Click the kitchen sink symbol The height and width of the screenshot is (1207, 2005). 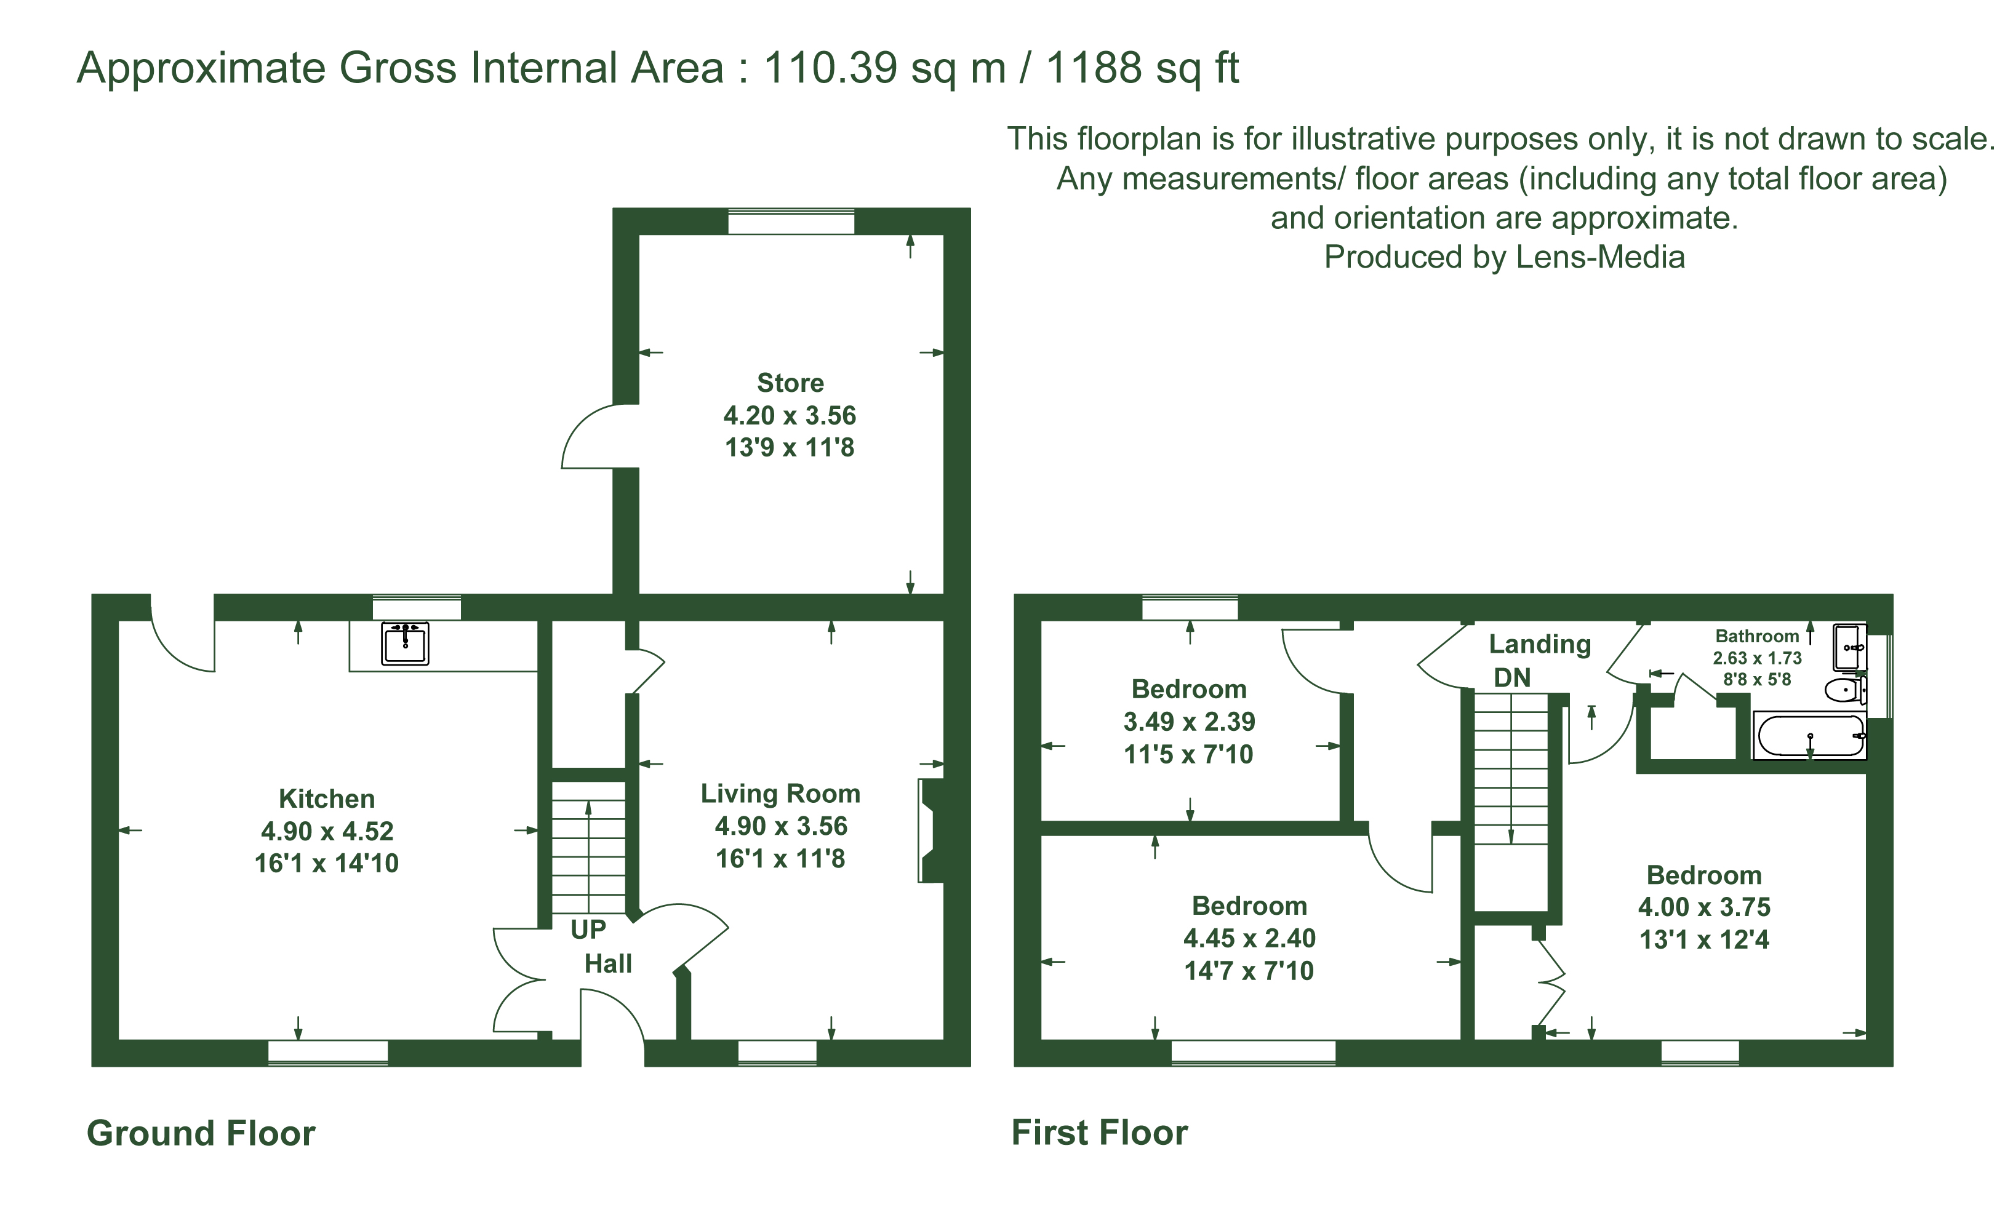coord(405,643)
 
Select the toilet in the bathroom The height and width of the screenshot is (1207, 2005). coord(1845,690)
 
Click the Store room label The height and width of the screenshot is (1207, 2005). coord(790,382)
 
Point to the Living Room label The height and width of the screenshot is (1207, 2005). coord(780,793)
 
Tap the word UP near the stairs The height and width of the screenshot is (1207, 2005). coord(588,929)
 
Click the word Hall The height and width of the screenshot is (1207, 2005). coord(607,964)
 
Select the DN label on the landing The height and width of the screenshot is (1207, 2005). coord(1512,677)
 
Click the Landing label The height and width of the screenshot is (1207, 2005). coord(1540,644)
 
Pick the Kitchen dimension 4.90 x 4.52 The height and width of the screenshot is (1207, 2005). coord(327,831)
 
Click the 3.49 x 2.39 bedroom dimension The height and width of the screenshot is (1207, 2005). coord(1189,722)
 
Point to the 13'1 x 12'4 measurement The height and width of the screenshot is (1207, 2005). coord(1704,939)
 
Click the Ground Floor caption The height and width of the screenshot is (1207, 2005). coord(201,1133)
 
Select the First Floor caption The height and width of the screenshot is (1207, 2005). coord(1100,1132)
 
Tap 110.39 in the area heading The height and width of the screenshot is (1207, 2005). coord(830,68)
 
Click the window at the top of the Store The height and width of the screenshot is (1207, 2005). coord(791,222)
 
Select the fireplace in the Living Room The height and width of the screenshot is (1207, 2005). coord(931,831)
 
